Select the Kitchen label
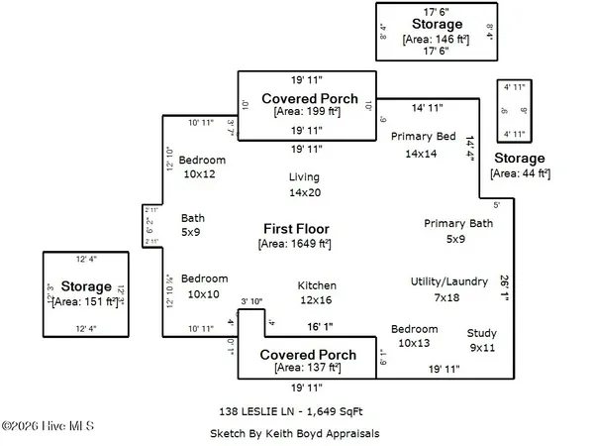click(x=317, y=285)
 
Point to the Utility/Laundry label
click(x=449, y=282)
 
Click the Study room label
click(x=482, y=333)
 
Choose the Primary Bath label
click(x=458, y=224)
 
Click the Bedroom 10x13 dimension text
click(x=415, y=343)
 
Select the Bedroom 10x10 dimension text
click(x=204, y=293)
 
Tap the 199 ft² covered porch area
click(x=307, y=114)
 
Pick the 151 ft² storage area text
click(x=85, y=302)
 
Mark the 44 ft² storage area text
click(x=521, y=173)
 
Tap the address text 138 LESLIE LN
click(x=259, y=408)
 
